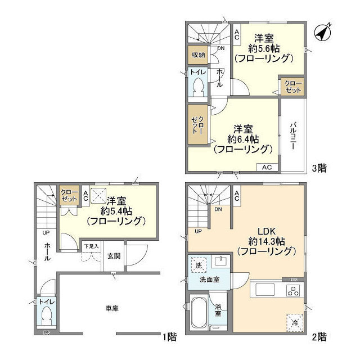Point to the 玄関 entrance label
(x=114, y=255)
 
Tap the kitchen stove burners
(x=294, y=290)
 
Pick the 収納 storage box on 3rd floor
(x=198, y=55)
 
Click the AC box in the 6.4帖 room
(x=267, y=167)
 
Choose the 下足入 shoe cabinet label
(x=91, y=246)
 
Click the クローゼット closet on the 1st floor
(x=69, y=195)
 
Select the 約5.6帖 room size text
(x=262, y=48)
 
